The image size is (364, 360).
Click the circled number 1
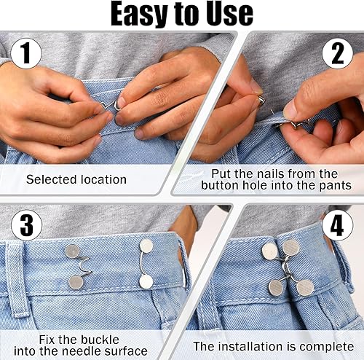tap(26, 53)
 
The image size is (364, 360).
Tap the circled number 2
tap(338, 53)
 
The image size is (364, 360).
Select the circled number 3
tap(27, 225)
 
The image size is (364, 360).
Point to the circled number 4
tap(338, 225)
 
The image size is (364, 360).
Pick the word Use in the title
tap(230, 14)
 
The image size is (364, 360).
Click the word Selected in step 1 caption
tap(52, 179)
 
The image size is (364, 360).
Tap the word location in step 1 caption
tap(103, 179)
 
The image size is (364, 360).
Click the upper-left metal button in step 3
tap(73, 251)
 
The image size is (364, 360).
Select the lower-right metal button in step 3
tap(146, 281)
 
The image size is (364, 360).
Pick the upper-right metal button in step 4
tap(291, 248)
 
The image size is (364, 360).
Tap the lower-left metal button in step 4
tap(276, 288)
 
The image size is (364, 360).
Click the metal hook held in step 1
tap(111, 106)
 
